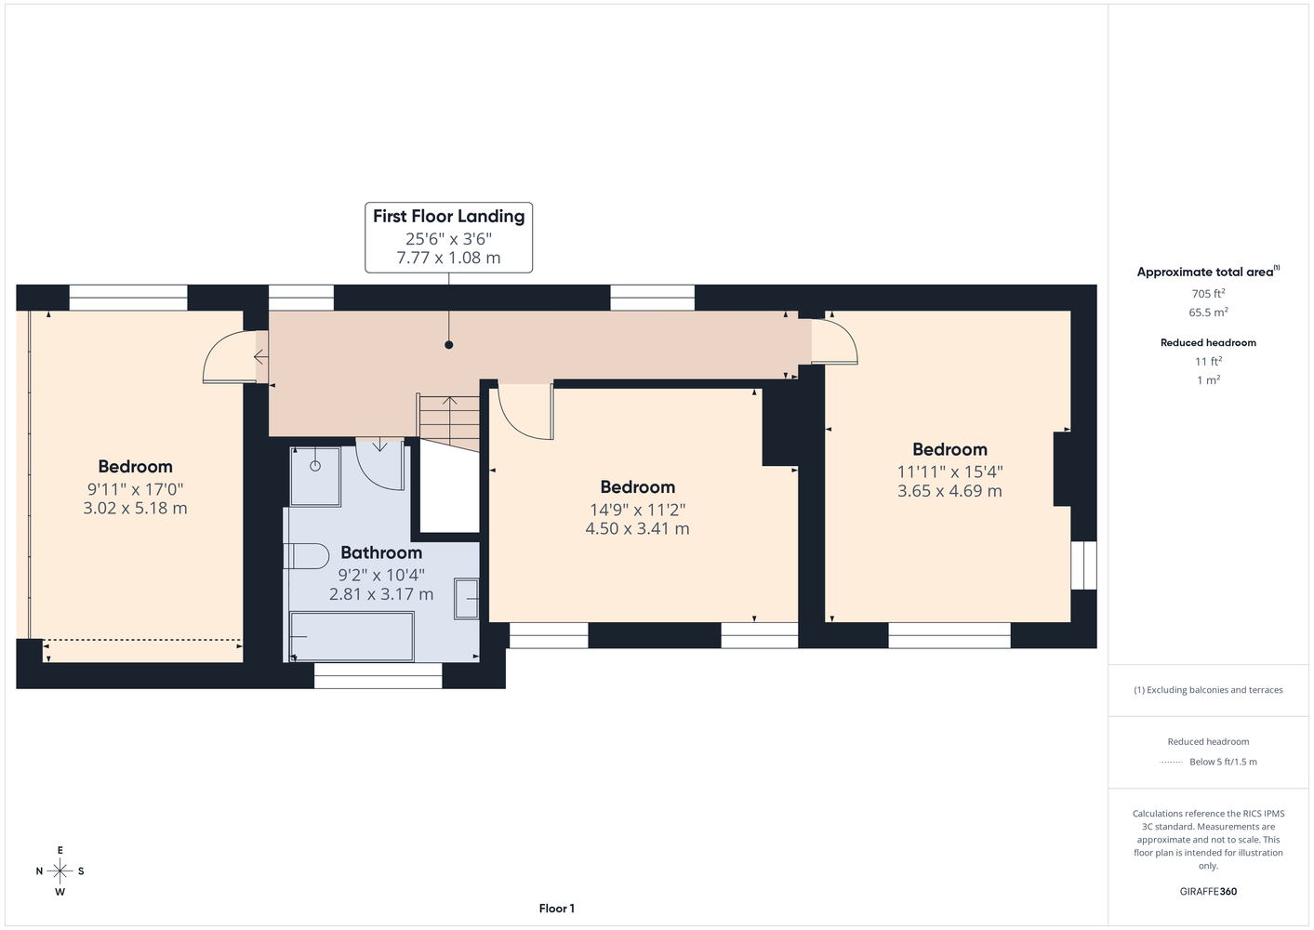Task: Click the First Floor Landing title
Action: (449, 217)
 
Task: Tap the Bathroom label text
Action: (381, 552)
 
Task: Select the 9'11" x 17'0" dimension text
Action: (135, 489)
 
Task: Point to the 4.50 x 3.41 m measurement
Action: (637, 528)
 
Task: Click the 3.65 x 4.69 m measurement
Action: (949, 491)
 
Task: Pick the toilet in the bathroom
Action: (306, 555)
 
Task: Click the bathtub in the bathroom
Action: (352, 637)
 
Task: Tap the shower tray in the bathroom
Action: (315, 476)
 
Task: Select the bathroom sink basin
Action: (466, 599)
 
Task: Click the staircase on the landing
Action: (449, 422)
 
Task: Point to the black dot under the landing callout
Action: (449, 345)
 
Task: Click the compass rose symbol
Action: (60, 871)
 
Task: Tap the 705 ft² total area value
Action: (1208, 293)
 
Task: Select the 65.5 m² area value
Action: (1208, 312)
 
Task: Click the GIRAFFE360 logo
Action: (1208, 891)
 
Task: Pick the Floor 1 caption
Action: (557, 909)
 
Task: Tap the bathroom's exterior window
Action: (378, 675)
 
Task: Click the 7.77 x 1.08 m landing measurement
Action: (449, 258)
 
